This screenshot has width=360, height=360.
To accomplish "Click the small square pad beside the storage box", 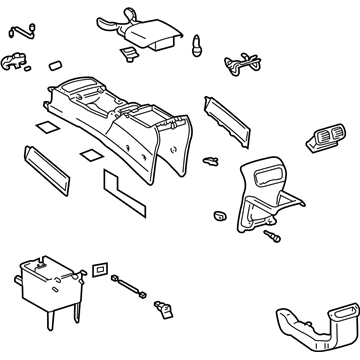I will coord(100,270).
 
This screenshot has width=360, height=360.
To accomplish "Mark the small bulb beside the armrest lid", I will coord(197,46).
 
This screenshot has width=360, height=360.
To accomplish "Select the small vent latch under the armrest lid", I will coord(128,53).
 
